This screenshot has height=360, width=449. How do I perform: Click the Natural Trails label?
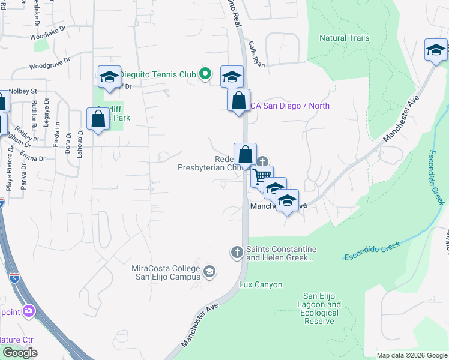pos(344,38)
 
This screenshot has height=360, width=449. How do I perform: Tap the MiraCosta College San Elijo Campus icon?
pos(209,272)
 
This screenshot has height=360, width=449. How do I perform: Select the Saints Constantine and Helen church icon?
pos(237,253)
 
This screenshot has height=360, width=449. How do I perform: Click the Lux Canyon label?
pos(261,284)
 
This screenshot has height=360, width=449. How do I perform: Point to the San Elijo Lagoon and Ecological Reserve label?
pos(321,308)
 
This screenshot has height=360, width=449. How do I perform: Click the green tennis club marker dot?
pos(205,74)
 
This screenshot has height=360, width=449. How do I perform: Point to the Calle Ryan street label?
pos(256,53)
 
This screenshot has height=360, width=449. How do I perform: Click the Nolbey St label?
pos(23,91)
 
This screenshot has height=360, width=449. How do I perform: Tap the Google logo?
pos(20,353)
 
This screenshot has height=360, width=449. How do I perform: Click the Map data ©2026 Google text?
pos(411,355)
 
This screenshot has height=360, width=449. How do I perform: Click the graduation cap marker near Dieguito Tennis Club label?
pos(110,77)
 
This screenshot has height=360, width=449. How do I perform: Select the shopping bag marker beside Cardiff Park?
pos(98,118)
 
